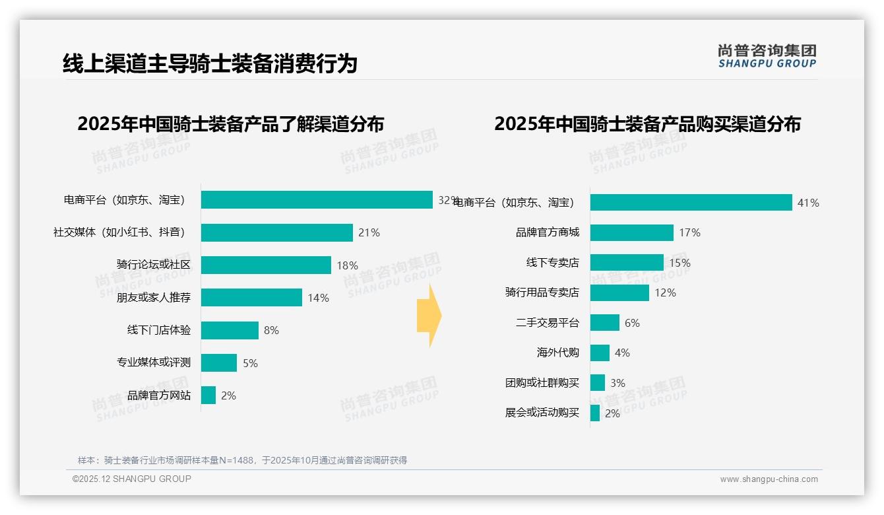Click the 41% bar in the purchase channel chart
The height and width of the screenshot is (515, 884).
pos(691,203)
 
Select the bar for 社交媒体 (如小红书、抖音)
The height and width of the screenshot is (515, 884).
pos(277,232)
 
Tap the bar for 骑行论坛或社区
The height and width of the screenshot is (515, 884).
pos(266,265)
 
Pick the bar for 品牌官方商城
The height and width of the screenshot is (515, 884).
pos(631,232)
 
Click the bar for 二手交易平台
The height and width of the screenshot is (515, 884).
pos(604,323)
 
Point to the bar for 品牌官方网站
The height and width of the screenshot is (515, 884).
pos(208,395)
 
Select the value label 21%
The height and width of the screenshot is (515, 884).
pos(369,232)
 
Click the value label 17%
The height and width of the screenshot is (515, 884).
pos(689,232)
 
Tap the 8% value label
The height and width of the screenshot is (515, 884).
pos(271,330)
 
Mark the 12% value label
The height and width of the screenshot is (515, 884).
pos(665,292)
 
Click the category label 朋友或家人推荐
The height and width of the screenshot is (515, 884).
pos(154,298)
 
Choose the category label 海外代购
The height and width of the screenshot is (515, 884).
pos(557,353)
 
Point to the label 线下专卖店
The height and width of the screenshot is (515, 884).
pos(552,263)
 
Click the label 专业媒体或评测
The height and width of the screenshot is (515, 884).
pos(154,362)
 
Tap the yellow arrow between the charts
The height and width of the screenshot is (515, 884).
pos(429,316)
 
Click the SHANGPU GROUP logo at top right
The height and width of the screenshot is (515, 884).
pos(767,56)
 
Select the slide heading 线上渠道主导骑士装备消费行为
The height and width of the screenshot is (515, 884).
pos(210,63)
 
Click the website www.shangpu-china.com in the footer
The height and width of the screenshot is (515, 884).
pos(769,479)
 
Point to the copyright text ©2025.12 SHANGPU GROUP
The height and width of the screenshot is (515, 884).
pos(132,479)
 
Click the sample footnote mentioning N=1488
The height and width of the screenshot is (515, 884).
pos(242,460)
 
